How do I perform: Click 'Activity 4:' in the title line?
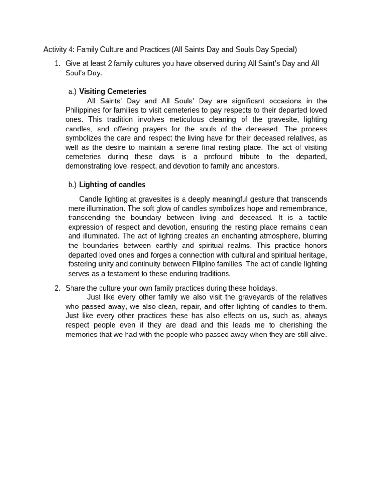click(59, 49)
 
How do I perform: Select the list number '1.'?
click(57, 63)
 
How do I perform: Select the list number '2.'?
click(57, 288)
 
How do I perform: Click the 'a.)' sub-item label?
click(72, 91)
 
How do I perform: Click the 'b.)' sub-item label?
click(72, 185)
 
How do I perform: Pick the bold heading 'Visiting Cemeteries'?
click(113, 91)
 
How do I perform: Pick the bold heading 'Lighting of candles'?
click(112, 185)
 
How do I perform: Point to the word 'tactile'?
click(315, 218)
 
